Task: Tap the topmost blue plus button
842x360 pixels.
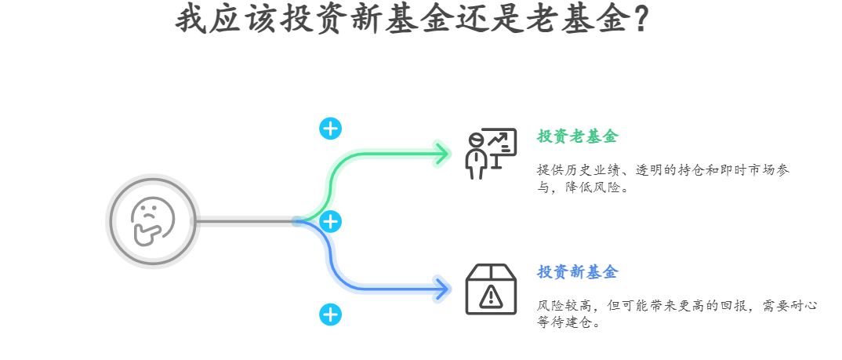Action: point(331,129)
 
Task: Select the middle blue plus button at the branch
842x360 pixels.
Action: point(331,222)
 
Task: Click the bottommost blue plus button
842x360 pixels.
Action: point(331,315)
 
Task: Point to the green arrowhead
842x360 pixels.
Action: point(443,153)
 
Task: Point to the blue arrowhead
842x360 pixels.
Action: point(443,288)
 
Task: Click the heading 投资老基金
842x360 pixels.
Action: point(577,136)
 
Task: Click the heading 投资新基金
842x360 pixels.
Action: point(577,272)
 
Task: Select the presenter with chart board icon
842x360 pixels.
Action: point(490,152)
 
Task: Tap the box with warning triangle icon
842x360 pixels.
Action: point(491,289)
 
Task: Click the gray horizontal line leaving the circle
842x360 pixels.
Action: point(243,222)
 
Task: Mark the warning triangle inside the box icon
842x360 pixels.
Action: point(491,296)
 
